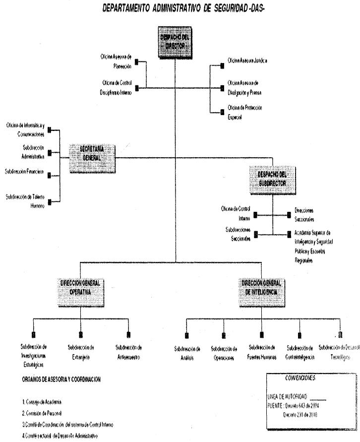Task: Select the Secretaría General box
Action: coord(93,159)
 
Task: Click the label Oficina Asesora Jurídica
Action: coord(247,61)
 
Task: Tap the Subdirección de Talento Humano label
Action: coord(25,200)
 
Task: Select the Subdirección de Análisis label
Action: coord(187,352)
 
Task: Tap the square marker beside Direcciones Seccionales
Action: coord(289,215)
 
